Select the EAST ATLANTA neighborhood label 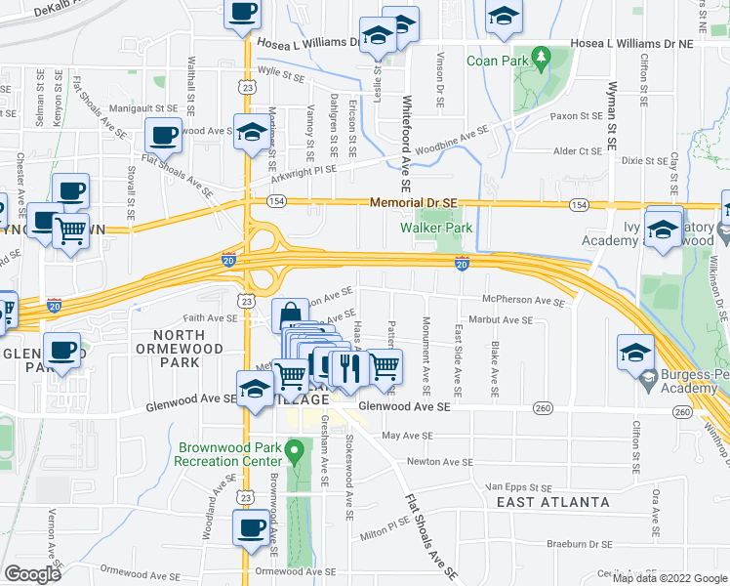pos(552,502)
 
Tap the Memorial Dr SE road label pos(413,203)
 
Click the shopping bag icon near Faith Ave pos(291,316)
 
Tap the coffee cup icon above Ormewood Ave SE pos(250,528)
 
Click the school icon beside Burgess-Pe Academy pos(634,353)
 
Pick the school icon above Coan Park pos(504,17)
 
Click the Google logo pos(32,574)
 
